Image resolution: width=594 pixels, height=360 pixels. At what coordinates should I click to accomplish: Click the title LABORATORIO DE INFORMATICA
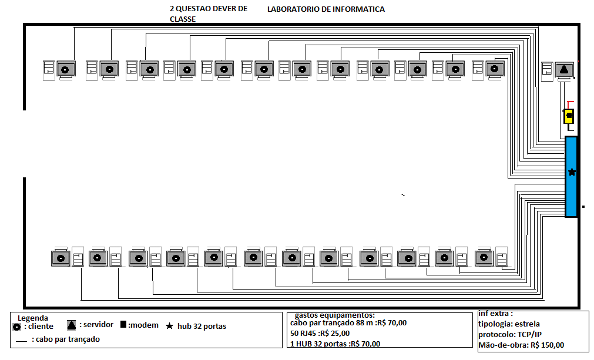326,9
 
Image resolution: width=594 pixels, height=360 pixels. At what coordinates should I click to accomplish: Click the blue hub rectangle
571,177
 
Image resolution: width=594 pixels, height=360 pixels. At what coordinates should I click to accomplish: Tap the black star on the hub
572,172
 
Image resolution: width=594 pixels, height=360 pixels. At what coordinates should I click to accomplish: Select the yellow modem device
569,116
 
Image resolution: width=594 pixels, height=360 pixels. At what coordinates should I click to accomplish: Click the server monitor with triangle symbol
564,70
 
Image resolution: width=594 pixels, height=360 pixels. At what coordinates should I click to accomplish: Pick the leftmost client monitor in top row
66,70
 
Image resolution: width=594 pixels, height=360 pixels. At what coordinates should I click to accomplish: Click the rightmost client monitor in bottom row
485,257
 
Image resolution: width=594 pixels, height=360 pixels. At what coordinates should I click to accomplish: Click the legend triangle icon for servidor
71,325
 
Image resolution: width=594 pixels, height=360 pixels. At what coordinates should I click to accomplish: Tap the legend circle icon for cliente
18,327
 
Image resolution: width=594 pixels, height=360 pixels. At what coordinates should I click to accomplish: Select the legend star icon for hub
170,327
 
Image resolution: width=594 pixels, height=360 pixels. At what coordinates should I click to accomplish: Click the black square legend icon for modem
123,325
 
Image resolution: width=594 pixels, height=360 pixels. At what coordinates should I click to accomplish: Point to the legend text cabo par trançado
66,339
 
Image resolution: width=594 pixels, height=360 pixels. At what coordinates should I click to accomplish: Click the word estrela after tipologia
526,324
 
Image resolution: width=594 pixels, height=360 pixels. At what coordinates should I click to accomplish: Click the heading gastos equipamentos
334,315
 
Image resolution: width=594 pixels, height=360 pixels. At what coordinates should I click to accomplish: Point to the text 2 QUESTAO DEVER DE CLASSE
208,14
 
